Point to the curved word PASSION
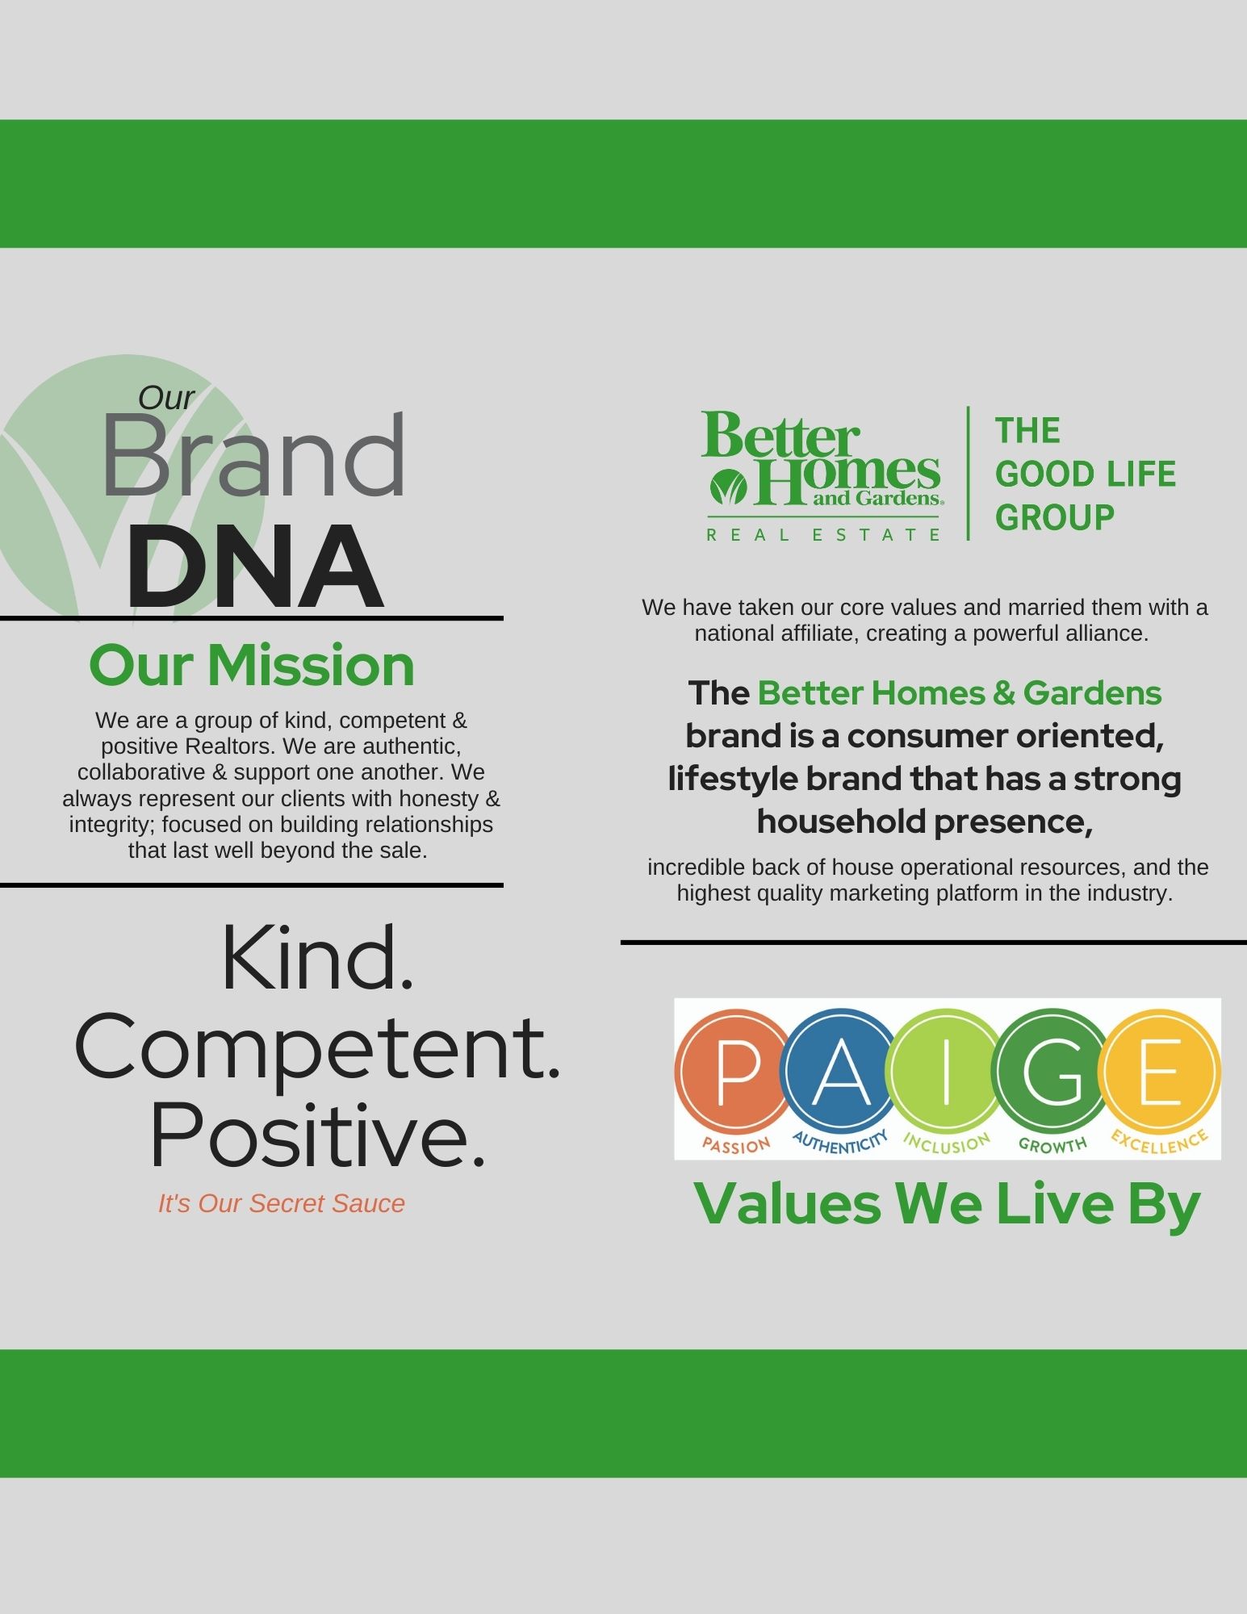click(x=736, y=1144)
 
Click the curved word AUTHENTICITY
click(x=841, y=1141)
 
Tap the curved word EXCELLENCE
click(x=1160, y=1141)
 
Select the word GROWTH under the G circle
click(x=1052, y=1144)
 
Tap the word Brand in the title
click(x=253, y=456)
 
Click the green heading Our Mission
click(x=252, y=666)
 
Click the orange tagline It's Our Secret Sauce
click(x=282, y=1203)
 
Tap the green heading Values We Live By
click(x=948, y=1204)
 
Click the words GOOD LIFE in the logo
click(x=1086, y=475)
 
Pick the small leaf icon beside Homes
click(x=728, y=487)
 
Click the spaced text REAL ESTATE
click(x=824, y=534)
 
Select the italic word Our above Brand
click(x=166, y=398)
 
